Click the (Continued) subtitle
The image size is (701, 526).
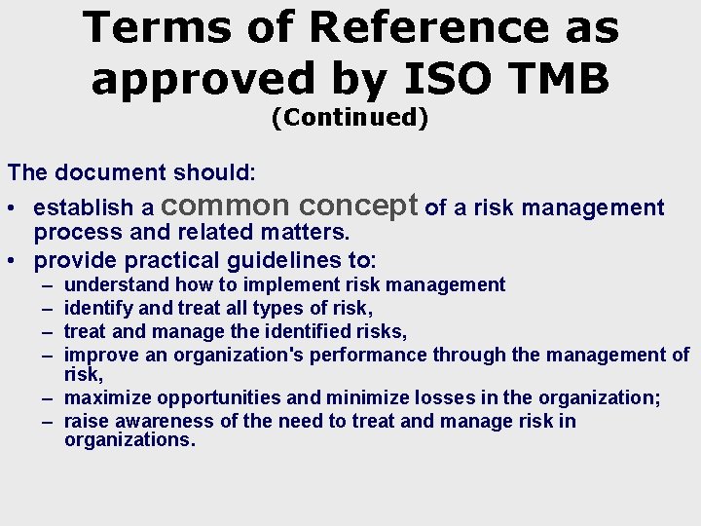coord(350,118)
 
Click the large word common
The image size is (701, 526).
coord(225,206)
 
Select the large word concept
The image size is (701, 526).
coord(360,206)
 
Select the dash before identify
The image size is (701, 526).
coord(48,308)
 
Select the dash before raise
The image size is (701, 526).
coord(48,421)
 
